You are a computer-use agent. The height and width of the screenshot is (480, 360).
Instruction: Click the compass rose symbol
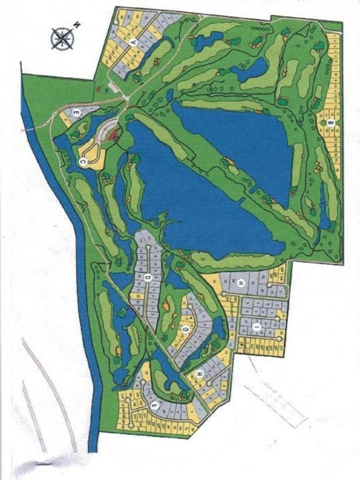[x=61, y=38]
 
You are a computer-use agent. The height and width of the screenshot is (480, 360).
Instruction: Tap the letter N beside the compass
[x=76, y=24]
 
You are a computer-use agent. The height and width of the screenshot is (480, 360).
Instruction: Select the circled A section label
[x=136, y=43]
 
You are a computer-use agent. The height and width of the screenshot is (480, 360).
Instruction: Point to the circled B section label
[x=330, y=123]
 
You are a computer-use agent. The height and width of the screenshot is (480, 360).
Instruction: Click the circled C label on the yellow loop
[x=82, y=163]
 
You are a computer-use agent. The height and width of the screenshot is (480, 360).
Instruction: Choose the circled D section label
[x=148, y=277]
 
